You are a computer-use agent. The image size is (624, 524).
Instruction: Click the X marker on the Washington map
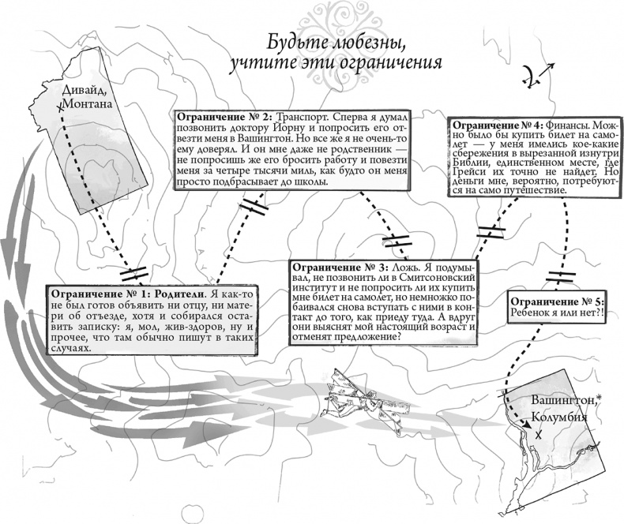pyautogui.click(x=539, y=436)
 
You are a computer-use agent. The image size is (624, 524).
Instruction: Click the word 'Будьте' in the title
pyautogui.click(x=293, y=42)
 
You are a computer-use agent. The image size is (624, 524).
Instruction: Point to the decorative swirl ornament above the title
pyautogui.click(x=312, y=13)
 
